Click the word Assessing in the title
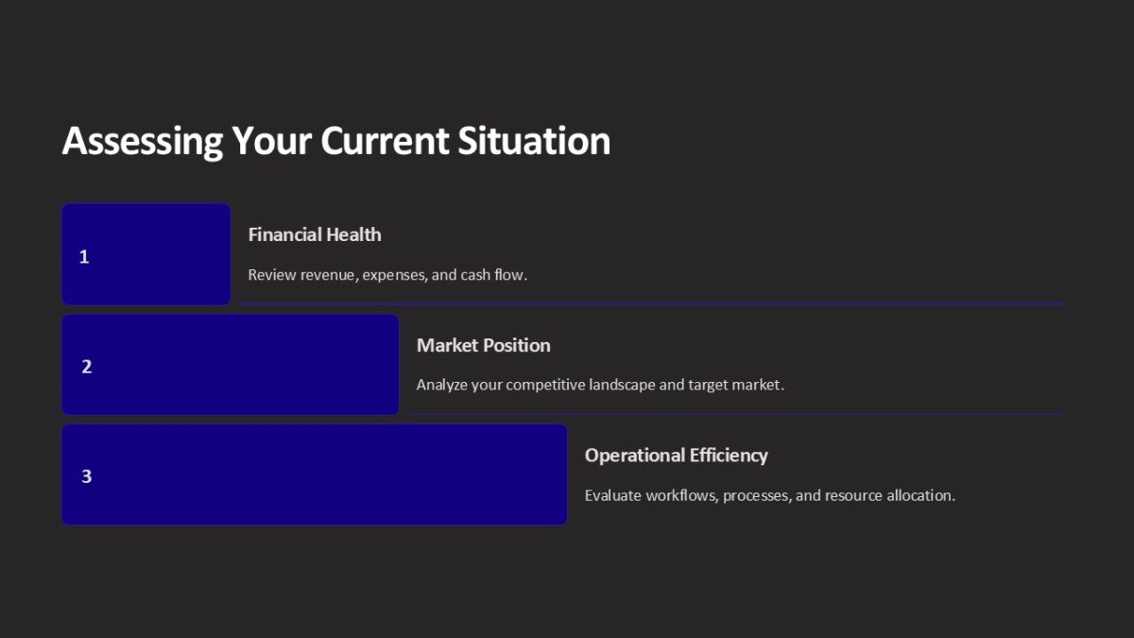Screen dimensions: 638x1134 (x=143, y=141)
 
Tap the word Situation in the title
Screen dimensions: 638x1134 (x=534, y=141)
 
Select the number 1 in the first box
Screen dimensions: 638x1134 (x=84, y=256)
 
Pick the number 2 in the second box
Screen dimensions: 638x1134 (x=87, y=367)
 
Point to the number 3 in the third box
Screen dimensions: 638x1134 (x=87, y=476)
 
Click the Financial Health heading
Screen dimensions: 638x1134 (x=315, y=234)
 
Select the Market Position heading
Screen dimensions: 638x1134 (x=483, y=345)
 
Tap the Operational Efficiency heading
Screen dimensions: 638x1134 (x=676, y=455)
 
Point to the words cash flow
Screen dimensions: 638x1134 (x=493, y=275)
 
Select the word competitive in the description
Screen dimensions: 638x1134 (x=545, y=385)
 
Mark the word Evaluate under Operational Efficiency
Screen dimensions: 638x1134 (x=612, y=495)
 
